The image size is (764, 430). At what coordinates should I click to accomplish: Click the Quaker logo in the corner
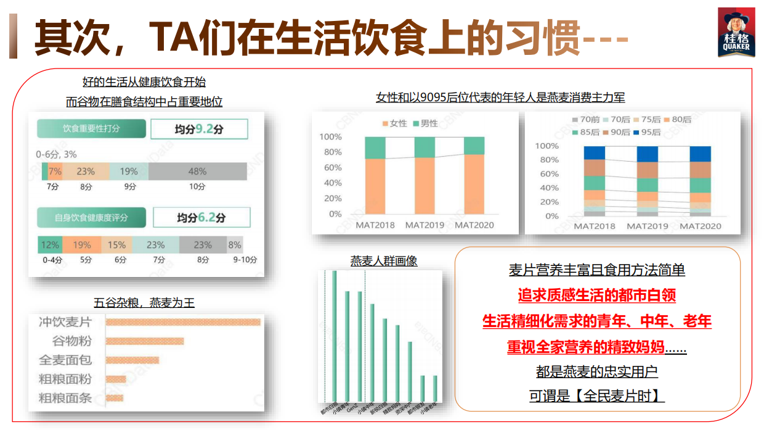736,33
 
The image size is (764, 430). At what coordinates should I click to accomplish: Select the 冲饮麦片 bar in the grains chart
183,322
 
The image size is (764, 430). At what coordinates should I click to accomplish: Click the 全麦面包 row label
65,360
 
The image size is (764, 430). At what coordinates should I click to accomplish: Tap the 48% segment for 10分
197,172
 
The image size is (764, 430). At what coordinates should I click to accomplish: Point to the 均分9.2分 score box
199,130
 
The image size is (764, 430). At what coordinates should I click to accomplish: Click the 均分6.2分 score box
201,218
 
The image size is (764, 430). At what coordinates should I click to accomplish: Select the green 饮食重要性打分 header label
91,129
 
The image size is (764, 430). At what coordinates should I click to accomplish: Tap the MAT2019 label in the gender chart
425,225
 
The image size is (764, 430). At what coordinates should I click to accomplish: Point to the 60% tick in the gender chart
331,168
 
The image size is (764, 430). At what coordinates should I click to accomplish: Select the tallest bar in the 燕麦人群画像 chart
335,336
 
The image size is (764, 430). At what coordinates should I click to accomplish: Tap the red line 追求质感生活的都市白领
597,296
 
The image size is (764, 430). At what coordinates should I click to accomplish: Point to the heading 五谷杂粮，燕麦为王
144,303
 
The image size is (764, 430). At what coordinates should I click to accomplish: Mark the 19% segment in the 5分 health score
82,245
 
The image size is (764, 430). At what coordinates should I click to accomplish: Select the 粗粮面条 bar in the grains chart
115,398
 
